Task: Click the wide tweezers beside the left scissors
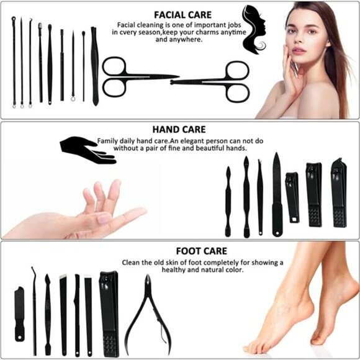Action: point(94,65)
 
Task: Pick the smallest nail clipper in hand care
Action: point(292,197)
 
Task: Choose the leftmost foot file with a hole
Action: point(20,313)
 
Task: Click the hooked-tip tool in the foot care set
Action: point(34,304)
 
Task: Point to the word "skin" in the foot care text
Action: point(175,262)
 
